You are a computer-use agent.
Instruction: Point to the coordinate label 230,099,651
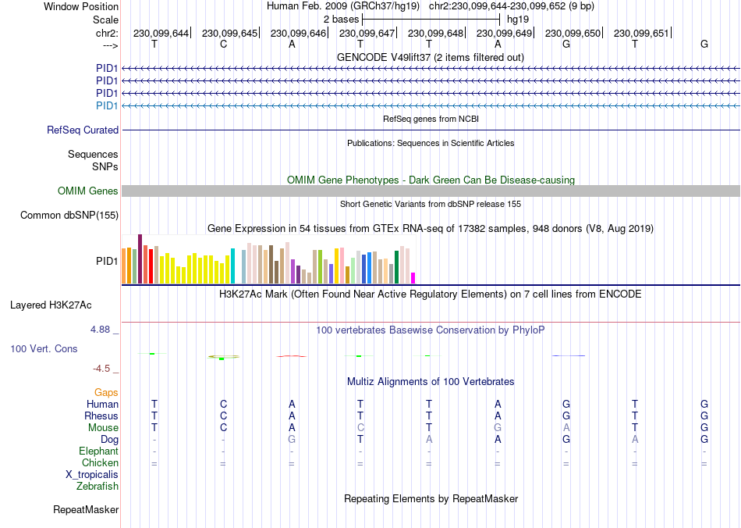click(641, 34)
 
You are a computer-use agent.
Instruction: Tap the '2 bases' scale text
click(341, 19)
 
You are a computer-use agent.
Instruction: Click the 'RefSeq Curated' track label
click(83, 130)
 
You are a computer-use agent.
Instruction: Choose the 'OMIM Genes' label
click(88, 191)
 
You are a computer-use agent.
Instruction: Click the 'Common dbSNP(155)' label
click(69, 216)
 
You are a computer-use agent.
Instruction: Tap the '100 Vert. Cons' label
click(44, 348)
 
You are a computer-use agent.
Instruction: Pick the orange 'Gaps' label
click(106, 393)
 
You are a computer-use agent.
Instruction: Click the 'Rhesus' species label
click(101, 416)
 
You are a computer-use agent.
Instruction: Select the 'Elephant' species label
click(98, 451)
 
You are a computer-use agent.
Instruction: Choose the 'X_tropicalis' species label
click(92, 475)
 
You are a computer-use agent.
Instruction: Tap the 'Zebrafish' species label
click(97, 487)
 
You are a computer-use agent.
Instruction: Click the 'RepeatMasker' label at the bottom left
click(86, 510)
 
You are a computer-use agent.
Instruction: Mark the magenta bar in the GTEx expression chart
click(413, 277)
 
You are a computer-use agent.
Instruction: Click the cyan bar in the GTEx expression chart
click(233, 266)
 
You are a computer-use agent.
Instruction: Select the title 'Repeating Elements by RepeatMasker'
click(431, 498)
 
